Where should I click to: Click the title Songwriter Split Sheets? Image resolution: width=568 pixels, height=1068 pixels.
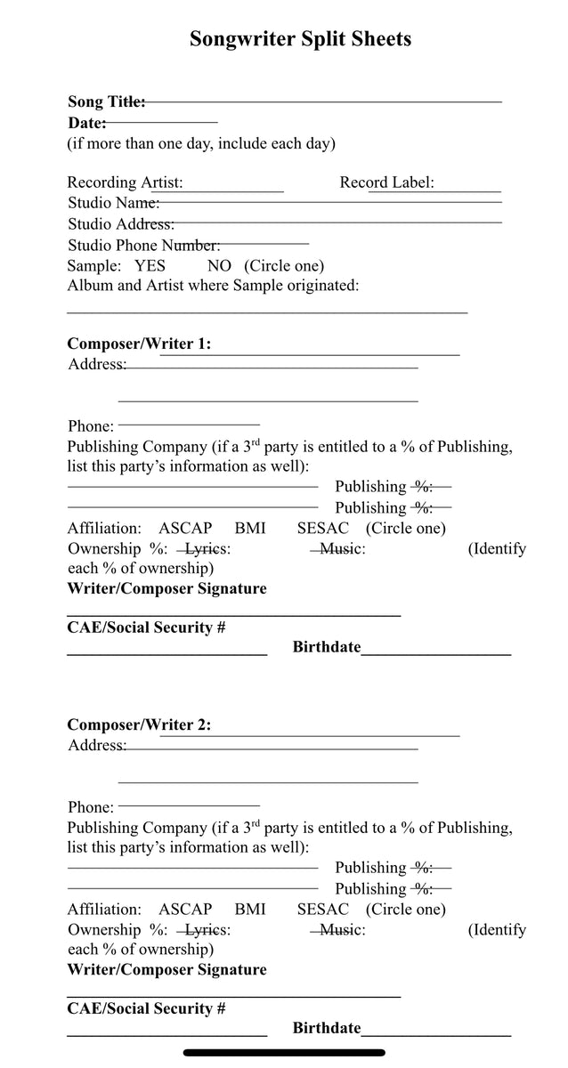pos(300,39)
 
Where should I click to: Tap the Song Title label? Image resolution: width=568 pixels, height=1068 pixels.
pos(106,102)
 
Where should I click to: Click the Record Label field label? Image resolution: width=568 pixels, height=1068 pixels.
pos(386,182)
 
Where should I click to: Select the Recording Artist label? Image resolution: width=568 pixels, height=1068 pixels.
pos(125,182)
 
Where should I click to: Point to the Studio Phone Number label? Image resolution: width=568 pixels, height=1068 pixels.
pos(143,245)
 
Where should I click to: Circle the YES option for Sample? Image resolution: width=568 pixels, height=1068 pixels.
pos(150,265)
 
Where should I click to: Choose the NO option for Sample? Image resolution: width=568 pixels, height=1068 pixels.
pos(219,265)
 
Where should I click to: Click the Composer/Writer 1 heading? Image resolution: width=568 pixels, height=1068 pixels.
pos(139,344)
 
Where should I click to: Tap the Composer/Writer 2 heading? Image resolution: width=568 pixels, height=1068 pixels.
pos(139,724)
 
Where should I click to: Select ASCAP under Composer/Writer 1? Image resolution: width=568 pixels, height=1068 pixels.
pos(185,528)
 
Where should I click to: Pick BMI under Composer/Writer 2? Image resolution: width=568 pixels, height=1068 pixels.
pos(250,909)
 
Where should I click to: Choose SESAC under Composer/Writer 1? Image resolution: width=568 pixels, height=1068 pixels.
pos(323,528)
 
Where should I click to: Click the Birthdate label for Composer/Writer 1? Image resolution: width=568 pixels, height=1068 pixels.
pos(327,647)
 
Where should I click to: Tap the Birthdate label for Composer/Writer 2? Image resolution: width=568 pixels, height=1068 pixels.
pos(327,1028)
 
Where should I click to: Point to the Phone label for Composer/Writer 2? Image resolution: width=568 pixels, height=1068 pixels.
pos(91,807)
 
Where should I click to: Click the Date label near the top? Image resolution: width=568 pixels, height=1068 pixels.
pos(86,123)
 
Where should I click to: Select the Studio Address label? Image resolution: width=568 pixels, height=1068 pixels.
pos(120,223)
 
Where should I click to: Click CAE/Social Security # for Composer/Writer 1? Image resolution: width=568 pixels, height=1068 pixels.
pos(146,627)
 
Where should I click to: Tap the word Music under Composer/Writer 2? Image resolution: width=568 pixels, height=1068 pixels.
pos(341,930)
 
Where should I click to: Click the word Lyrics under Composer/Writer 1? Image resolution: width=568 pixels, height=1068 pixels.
pos(207,549)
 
